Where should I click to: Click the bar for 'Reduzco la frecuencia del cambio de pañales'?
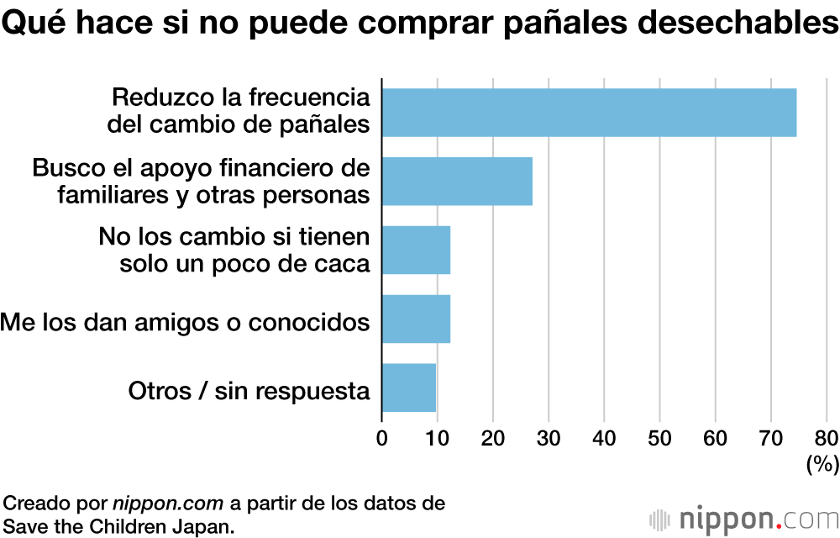pos(588,112)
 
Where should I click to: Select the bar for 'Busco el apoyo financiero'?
pos(457,181)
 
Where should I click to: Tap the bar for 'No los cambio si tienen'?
pos(416,250)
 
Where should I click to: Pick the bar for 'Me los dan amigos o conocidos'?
pos(416,319)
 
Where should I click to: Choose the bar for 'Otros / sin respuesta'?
pos(409,388)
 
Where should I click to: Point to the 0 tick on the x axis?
pos(382,438)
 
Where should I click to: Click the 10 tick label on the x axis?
pos(438,438)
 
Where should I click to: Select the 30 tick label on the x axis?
pos(549,438)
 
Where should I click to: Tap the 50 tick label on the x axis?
pos(659,438)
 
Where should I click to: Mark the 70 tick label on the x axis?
pos(770,438)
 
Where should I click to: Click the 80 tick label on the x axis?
pos(826,438)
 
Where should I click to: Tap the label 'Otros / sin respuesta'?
pos(249,391)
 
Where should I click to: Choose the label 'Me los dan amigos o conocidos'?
pos(185,321)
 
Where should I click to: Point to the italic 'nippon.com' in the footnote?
pos(168,504)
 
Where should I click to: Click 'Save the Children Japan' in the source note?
pos(118,525)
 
